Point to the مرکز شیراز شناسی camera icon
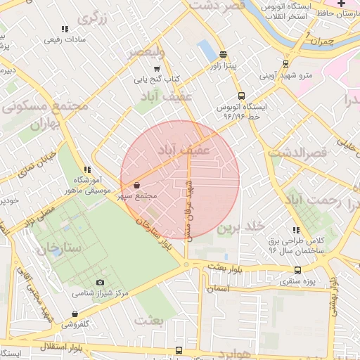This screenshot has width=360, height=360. (x=100, y=282)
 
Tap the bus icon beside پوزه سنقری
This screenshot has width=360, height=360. (x=297, y=269)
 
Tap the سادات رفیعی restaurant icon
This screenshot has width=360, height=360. (x=64, y=29)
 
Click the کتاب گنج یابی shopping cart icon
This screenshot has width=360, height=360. (x=156, y=69)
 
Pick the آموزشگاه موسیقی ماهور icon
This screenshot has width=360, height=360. (x=87, y=169)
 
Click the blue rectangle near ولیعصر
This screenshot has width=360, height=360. (x=207, y=50)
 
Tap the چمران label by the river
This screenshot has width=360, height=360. (x=314, y=41)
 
